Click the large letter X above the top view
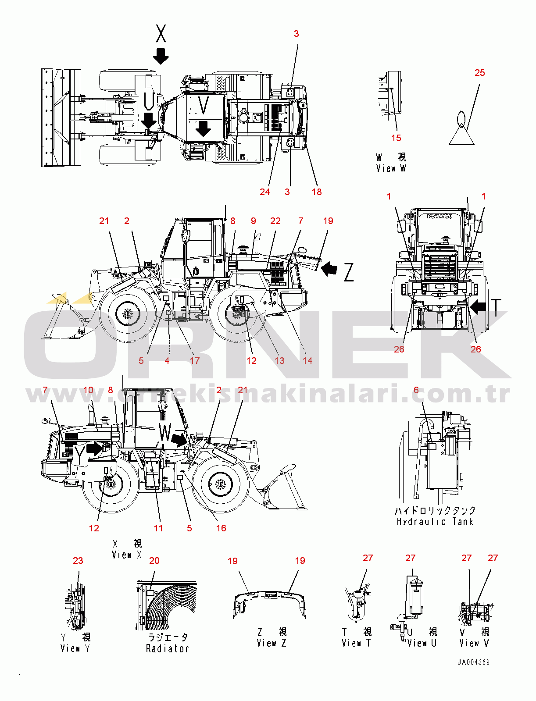click(x=161, y=33)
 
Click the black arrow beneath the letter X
click(x=161, y=56)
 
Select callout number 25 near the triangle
click(x=479, y=73)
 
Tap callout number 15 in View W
click(x=396, y=138)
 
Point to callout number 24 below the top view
click(x=264, y=192)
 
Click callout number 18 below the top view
click(x=317, y=192)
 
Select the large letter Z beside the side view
click(x=349, y=272)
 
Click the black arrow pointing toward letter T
click(x=478, y=306)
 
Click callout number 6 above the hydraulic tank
click(x=416, y=390)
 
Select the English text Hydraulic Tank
click(x=435, y=522)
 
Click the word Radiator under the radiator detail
click(x=167, y=648)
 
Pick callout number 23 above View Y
click(x=78, y=561)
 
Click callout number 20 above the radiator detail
click(x=154, y=561)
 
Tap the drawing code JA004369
click(x=473, y=662)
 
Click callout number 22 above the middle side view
click(x=275, y=221)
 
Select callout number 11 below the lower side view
click(x=158, y=528)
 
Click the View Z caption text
click(x=272, y=643)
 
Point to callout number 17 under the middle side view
click(x=195, y=361)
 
